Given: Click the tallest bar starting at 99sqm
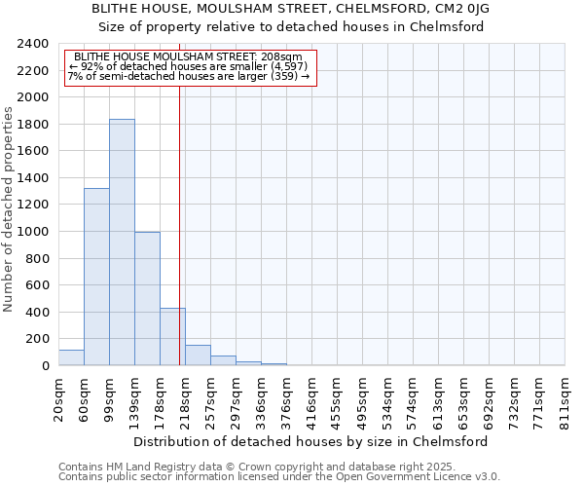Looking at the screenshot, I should [122, 243].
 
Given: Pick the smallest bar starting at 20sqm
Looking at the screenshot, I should [71, 357].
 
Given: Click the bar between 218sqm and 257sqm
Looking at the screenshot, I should [198, 356].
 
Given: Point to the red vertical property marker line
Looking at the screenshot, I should [180, 224].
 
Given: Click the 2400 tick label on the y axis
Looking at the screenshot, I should [32, 44].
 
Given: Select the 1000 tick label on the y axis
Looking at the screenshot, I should [32, 232].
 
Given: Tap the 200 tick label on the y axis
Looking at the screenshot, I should [37, 339].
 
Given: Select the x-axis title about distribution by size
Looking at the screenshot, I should [310, 441].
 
